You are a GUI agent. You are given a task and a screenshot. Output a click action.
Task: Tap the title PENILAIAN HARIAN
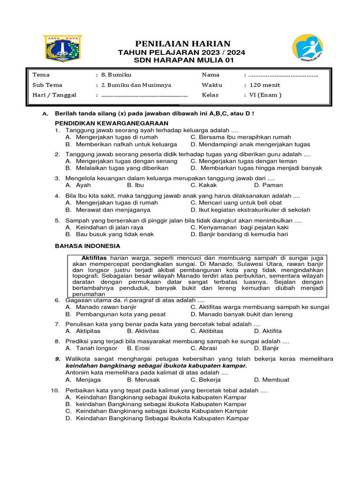coord(183,44)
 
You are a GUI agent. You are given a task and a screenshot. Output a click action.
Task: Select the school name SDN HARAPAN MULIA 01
coord(183,60)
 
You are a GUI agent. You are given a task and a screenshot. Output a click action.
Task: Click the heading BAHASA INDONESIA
coord(88,246)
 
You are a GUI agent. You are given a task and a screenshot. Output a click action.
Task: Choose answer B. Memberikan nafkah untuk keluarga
coord(121,144)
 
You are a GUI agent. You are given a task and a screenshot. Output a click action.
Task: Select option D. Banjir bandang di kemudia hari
coord(239,234)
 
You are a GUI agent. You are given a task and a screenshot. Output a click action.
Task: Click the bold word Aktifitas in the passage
coord(94,258)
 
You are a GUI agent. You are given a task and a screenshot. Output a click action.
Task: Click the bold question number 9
coord(57,359)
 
